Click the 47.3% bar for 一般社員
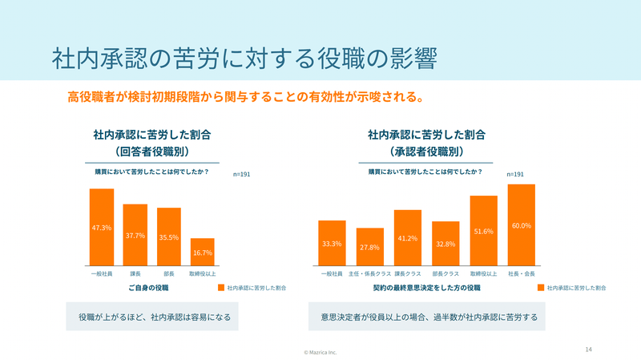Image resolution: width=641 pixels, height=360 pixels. tap(101, 227)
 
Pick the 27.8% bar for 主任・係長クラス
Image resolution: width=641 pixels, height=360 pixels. tap(369, 247)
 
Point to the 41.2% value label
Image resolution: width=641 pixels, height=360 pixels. tap(408, 239)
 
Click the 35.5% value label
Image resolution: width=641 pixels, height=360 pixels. tap(168, 237)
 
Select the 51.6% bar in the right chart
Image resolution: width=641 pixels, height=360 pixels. tap(483, 231)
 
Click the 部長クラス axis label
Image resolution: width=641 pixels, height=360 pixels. tap(445, 273)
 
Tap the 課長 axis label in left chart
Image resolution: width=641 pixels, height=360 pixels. tap(135, 273)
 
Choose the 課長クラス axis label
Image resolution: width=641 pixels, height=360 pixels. tap(408, 273)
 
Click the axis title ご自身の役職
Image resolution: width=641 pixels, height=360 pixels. tap(148, 286)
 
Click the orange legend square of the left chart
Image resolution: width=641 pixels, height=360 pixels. tap(220, 287)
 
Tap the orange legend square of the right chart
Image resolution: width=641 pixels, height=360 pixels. tap(541, 287)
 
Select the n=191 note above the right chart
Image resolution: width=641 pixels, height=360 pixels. tap(515, 174)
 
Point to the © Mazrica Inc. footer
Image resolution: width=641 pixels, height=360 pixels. tap(320, 352)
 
